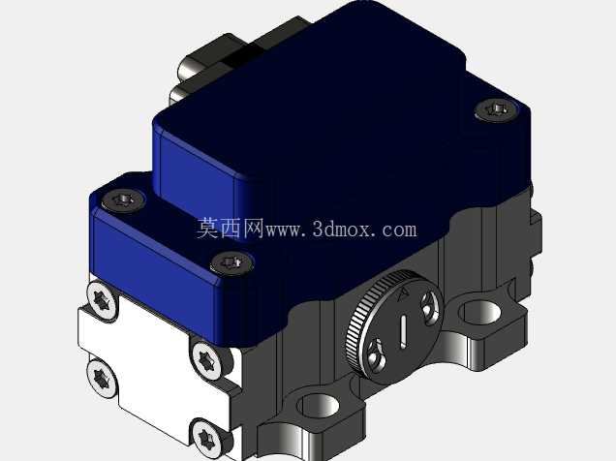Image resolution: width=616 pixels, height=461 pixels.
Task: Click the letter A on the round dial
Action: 403,294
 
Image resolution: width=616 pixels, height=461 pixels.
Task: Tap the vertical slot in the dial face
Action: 403,331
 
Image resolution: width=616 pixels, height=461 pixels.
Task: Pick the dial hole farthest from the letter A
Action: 376,353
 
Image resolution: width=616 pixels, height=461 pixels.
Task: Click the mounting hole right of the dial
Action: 480,312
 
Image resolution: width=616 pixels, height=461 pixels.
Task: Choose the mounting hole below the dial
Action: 319,405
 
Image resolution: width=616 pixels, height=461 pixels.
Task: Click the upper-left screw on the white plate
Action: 102,301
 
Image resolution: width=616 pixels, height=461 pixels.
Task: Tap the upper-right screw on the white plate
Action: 206,359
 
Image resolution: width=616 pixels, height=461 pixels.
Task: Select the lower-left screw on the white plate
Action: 102,378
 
